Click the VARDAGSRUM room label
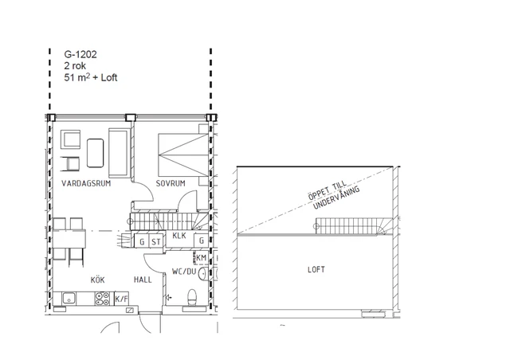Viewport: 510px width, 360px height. coord(86,183)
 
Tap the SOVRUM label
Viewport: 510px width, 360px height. coord(171,183)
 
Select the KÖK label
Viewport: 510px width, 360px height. coord(97,280)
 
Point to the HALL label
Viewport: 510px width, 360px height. coord(143,280)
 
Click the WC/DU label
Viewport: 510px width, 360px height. coord(184,272)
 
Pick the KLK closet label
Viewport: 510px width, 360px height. coord(179,236)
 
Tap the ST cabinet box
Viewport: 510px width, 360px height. coord(156,241)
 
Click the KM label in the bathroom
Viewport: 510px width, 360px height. coord(202,258)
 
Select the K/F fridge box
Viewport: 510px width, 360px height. coord(122,299)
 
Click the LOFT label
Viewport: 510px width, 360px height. coord(316,269)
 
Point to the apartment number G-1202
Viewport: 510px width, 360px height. coord(80,54)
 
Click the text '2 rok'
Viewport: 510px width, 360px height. coord(75,65)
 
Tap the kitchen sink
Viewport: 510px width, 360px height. coord(69,299)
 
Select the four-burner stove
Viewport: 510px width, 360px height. coord(102,299)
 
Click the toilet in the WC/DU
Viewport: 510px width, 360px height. coord(192,297)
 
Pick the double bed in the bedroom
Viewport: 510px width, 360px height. coord(183,155)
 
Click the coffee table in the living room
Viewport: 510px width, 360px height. coord(96,153)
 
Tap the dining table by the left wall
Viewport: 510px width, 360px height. coord(69,239)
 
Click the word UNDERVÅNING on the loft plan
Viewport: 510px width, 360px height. coord(336,197)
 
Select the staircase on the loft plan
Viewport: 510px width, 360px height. coord(354,226)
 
